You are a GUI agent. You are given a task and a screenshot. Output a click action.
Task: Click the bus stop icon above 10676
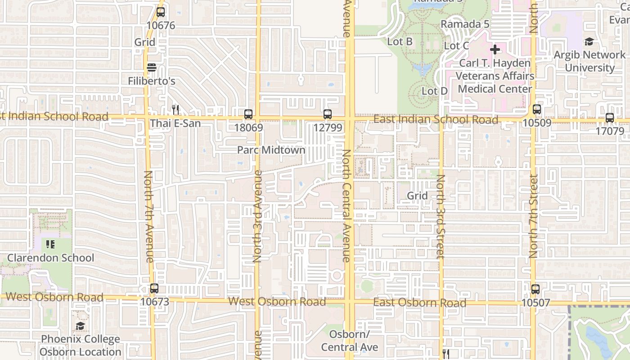161,12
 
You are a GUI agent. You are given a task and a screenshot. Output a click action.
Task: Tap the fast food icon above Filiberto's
152,67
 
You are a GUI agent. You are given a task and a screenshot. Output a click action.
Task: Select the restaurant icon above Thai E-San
175,109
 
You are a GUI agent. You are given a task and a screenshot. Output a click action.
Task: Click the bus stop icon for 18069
248,114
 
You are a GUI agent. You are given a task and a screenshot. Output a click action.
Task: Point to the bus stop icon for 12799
328,114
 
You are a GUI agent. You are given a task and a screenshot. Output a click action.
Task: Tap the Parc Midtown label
271,150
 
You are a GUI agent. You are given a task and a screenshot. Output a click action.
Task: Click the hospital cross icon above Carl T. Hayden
495,49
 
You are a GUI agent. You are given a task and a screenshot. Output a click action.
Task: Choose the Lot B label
400,41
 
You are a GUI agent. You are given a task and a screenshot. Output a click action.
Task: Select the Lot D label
434,91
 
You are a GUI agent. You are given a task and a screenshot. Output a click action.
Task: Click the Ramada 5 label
465,24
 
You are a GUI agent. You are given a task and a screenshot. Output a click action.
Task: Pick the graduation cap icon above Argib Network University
589,42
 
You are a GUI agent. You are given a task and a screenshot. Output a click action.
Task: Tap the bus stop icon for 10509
536,109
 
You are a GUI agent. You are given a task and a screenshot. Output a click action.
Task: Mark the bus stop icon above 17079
610,118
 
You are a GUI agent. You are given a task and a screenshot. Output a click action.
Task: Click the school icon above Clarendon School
50,244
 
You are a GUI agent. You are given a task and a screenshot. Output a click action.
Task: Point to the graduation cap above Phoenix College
80,326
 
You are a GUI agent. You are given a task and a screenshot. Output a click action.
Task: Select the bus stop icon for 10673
154,288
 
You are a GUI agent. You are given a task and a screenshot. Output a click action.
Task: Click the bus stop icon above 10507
535,289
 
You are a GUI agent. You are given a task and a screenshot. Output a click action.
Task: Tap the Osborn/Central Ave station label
349,341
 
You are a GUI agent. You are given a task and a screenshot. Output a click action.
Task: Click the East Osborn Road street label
419,302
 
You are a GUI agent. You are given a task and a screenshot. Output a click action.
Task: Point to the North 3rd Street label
441,216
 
